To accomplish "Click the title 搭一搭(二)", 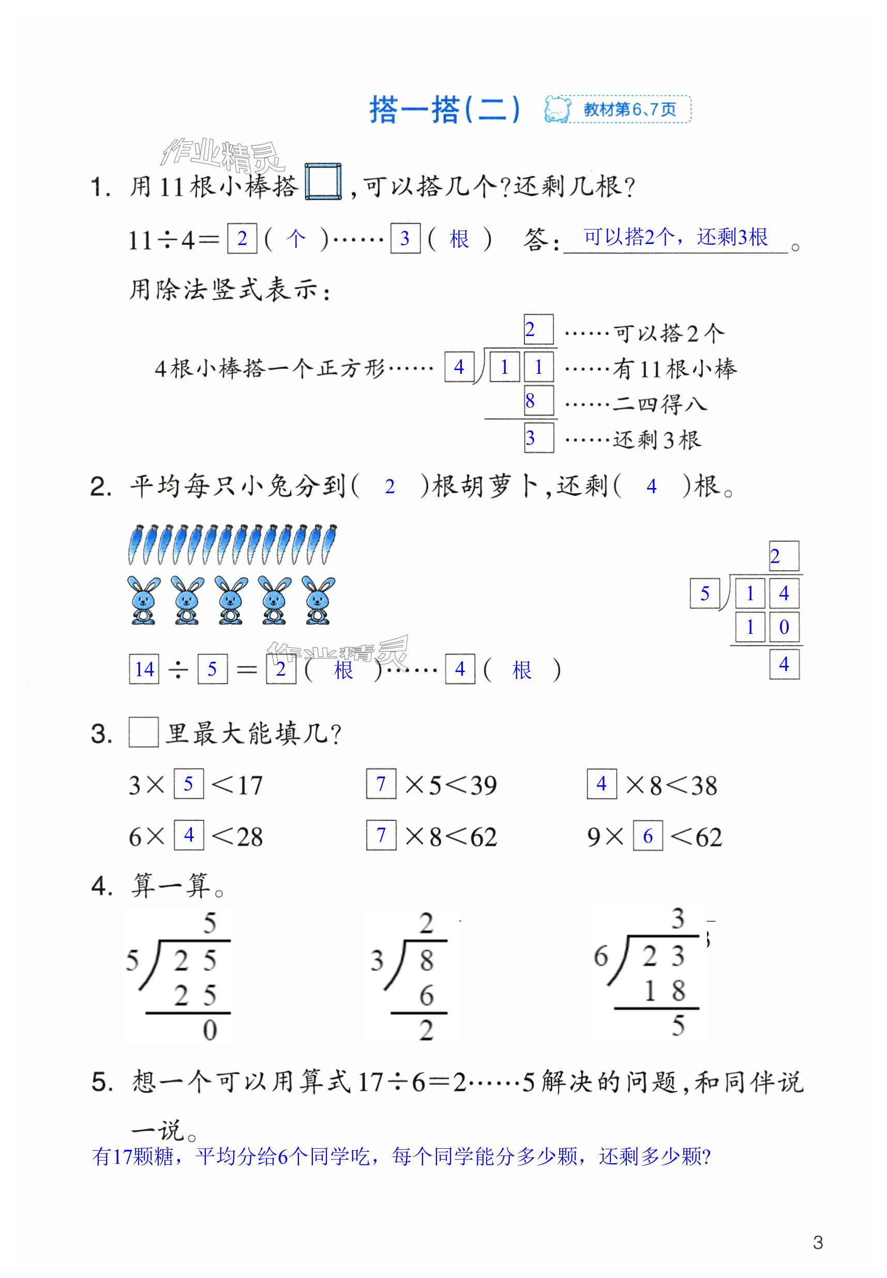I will click(x=445, y=110).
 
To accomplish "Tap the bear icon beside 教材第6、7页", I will click(x=558, y=109).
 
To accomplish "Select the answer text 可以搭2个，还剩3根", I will click(x=675, y=237).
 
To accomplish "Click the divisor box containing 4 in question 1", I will click(x=459, y=367).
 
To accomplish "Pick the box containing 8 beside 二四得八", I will click(x=538, y=401).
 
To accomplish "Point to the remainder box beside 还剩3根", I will click(x=538, y=438).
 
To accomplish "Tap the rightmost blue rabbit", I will click(x=319, y=600).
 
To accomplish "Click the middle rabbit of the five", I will click(x=231, y=600).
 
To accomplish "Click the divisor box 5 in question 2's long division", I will click(x=705, y=593).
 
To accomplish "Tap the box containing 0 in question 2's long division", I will click(x=784, y=627).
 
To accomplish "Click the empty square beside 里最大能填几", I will click(x=144, y=732).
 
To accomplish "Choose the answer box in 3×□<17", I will click(x=188, y=784).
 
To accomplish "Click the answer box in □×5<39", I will click(x=381, y=784).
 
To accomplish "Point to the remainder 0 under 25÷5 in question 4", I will click(x=209, y=1030).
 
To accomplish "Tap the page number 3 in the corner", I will click(x=818, y=1242).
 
